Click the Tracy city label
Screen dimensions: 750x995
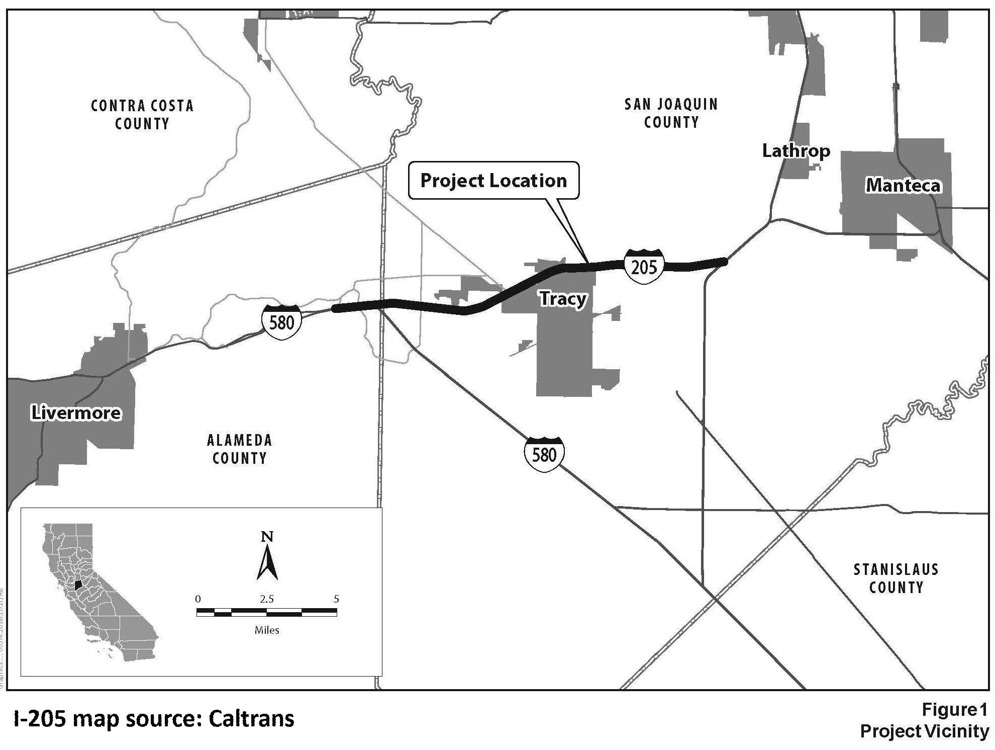(x=563, y=299)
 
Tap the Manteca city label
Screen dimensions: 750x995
(x=903, y=186)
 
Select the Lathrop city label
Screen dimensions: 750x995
(x=795, y=151)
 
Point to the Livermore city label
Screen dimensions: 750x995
(x=76, y=413)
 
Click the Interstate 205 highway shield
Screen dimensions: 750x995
(x=644, y=266)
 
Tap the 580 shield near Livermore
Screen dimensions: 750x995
(x=281, y=321)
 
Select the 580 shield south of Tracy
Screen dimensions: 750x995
(x=544, y=455)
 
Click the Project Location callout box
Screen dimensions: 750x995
(x=493, y=181)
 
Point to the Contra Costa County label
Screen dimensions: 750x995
(x=142, y=115)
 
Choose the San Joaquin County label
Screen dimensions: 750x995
(x=671, y=113)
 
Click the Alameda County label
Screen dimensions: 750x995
(x=240, y=449)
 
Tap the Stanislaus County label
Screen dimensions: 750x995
(x=896, y=578)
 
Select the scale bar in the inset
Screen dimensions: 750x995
(x=266, y=612)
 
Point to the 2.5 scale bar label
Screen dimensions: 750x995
(x=267, y=599)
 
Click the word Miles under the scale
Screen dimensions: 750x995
(x=267, y=630)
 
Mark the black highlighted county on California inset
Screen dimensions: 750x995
(x=78, y=586)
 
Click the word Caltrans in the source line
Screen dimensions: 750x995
(x=251, y=719)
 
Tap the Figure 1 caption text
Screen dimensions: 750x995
(x=954, y=710)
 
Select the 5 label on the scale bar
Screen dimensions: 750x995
(x=336, y=599)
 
